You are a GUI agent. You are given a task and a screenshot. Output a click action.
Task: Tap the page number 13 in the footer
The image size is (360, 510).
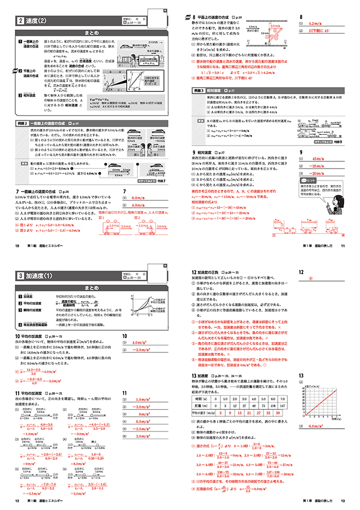click(x=341, y=500)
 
